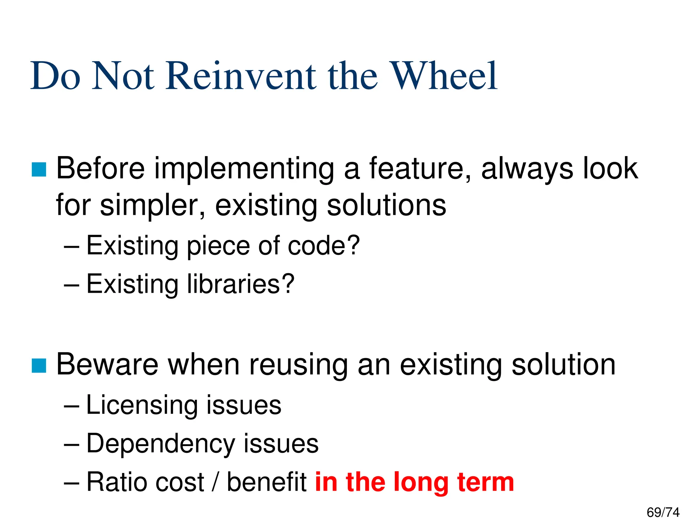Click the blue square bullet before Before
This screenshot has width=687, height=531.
39,170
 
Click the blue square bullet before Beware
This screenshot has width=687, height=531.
39,366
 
